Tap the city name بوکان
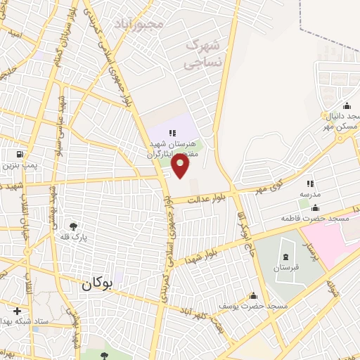coord(96,285)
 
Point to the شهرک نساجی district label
coord(202,53)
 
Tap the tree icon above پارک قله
coord(73,226)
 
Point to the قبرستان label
coord(285,268)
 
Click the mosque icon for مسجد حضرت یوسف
coord(253,296)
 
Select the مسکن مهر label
coord(336,127)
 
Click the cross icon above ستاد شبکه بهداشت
coord(17,311)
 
